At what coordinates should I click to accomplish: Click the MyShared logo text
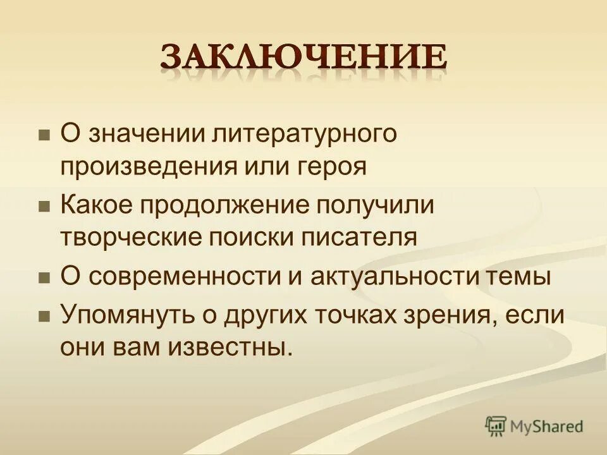pyautogui.click(x=547, y=427)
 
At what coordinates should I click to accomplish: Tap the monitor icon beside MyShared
pyautogui.click(x=496, y=426)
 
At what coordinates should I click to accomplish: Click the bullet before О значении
pyautogui.click(x=44, y=135)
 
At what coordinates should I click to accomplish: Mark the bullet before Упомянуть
pyautogui.click(x=44, y=316)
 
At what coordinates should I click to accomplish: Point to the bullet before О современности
pyautogui.click(x=44, y=277)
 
